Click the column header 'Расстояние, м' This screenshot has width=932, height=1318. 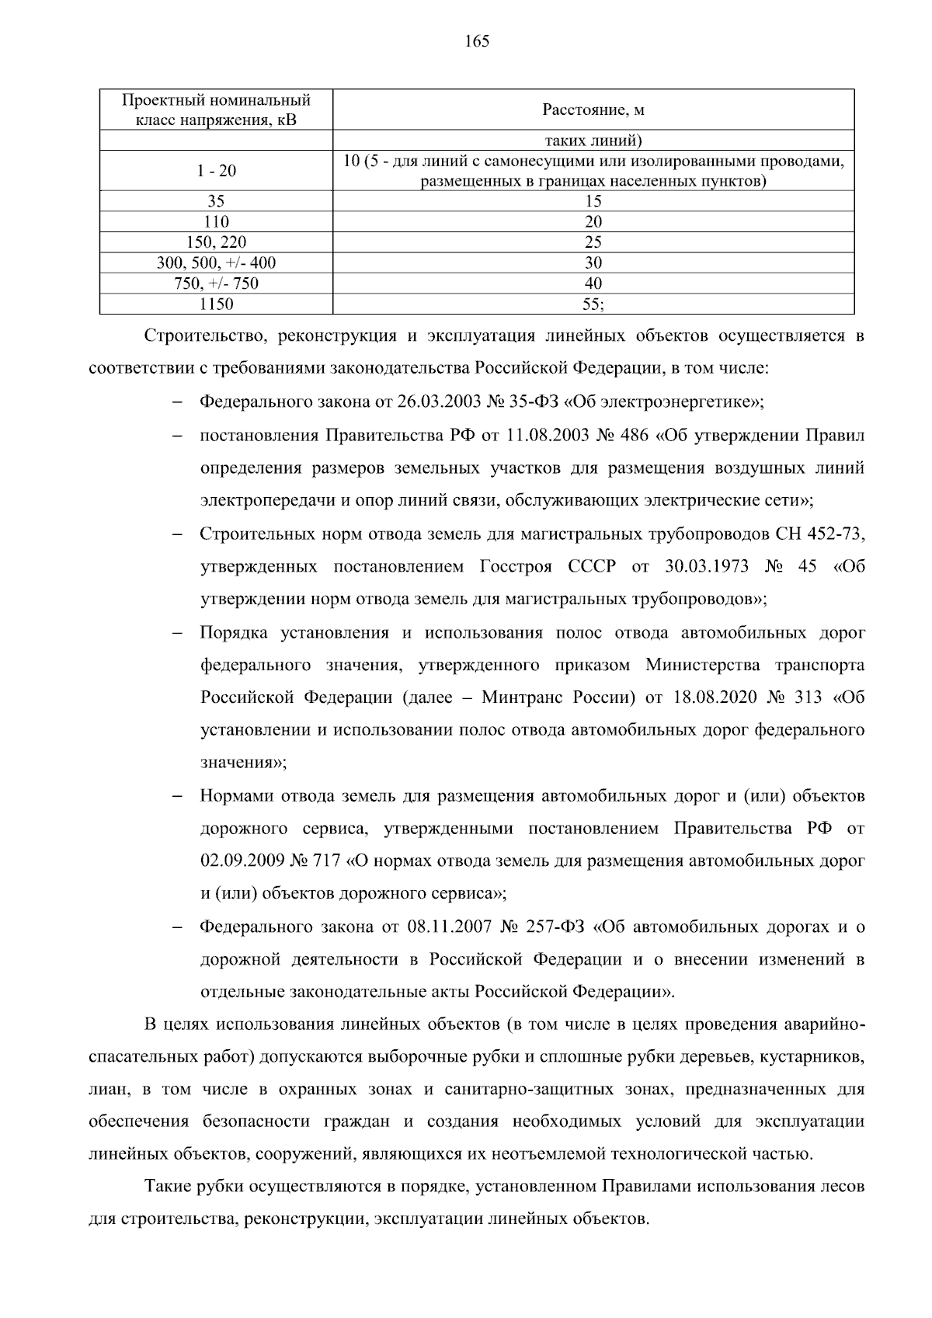point(593,110)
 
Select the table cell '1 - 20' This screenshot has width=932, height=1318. point(216,171)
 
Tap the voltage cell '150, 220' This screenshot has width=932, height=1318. point(216,242)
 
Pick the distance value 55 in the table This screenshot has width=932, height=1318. point(593,304)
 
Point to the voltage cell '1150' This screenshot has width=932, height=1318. point(216,304)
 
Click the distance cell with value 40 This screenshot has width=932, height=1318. point(593,283)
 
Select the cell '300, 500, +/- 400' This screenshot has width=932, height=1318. point(216,263)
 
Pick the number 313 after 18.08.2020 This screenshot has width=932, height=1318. point(809,697)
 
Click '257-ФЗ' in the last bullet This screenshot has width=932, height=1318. point(556,927)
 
